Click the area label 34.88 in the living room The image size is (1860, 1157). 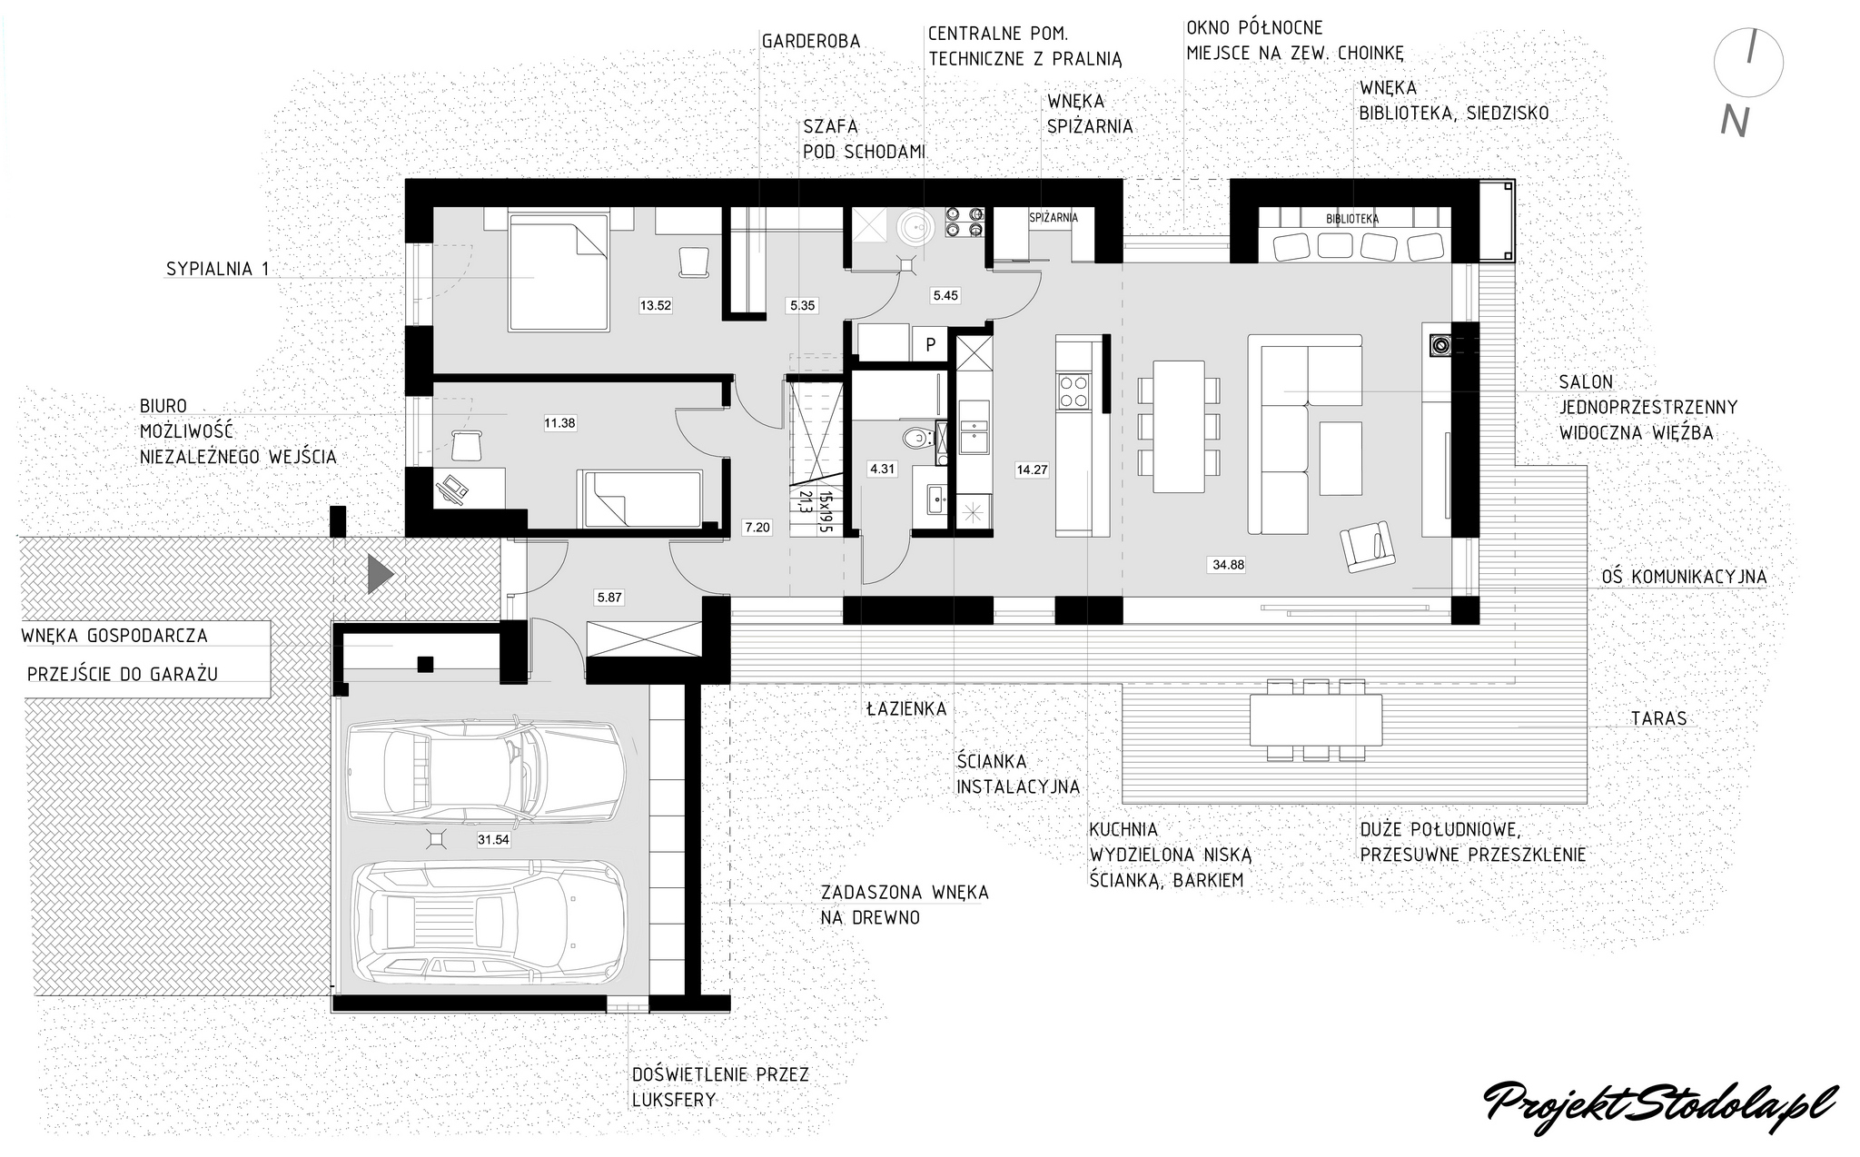coord(1228,564)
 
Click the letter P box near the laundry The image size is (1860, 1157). coord(930,344)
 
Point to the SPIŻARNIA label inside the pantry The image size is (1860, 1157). coord(1054,218)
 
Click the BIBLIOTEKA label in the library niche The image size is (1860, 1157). coord(1352,219)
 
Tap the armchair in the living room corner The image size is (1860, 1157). coord(1367,545)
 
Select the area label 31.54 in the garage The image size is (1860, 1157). coord(493,840)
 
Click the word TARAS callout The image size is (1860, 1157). coord(1658,718)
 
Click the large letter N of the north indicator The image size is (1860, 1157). coord(1735,122)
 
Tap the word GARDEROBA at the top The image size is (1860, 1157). coord(811,42)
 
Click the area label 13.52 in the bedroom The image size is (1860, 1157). coord(656,306)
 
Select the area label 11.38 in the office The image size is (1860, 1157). coord(559,422)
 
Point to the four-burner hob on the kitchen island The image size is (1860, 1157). coord(1073,391)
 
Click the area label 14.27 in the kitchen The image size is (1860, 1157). coord(1032,470)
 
